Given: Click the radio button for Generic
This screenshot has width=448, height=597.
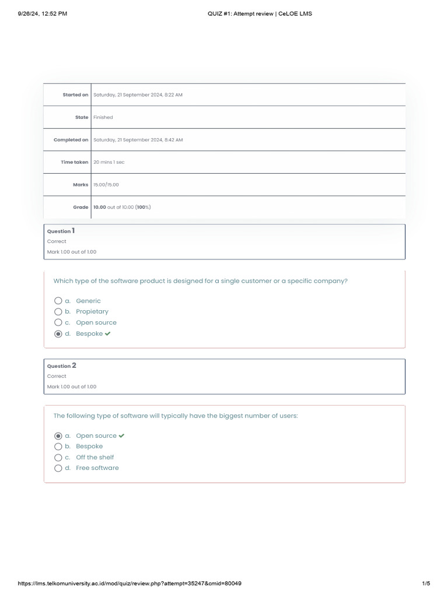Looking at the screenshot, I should point(58,301).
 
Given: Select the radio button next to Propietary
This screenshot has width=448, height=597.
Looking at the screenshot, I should point(58,311).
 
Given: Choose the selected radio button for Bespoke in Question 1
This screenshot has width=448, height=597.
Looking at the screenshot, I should point(58,334).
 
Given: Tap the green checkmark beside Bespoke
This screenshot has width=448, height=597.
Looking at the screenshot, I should point(108,334).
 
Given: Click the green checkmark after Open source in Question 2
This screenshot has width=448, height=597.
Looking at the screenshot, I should point(121,436).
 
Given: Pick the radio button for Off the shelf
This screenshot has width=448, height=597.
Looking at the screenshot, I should point(58,458).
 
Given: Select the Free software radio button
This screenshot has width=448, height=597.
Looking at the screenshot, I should point(58,468).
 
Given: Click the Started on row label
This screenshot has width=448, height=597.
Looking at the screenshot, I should point(75,95).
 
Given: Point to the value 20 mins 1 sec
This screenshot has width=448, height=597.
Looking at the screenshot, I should point(108,162).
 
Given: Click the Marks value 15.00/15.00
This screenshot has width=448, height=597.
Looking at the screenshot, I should point(106,185).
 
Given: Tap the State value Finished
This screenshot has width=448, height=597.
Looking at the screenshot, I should point(103,117).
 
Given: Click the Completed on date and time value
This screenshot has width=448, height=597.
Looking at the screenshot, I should point(138,140).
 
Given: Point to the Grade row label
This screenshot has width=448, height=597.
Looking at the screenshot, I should point(80,207).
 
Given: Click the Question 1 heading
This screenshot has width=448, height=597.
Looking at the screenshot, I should point(61,231).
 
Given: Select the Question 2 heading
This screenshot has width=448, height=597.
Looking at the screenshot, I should point(61,366).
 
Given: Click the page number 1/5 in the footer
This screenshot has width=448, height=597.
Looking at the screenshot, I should point(425,584).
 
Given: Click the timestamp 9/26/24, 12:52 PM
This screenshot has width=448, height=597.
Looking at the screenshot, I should point(43,13).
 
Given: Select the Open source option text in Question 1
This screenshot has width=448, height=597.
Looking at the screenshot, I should point(96,322).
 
